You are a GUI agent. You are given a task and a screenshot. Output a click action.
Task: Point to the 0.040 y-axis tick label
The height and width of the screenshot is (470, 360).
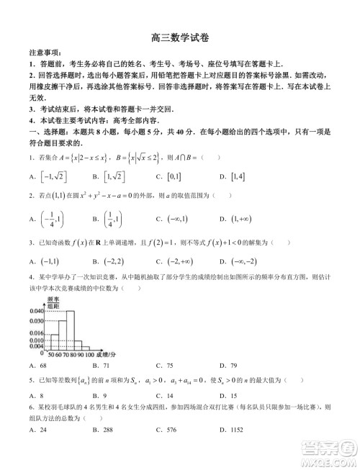(36, 311)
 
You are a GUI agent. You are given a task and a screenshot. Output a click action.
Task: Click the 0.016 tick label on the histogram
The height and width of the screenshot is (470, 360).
(36, 333)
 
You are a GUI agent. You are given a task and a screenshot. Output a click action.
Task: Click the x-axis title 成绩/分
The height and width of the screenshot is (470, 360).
(105, 355)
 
